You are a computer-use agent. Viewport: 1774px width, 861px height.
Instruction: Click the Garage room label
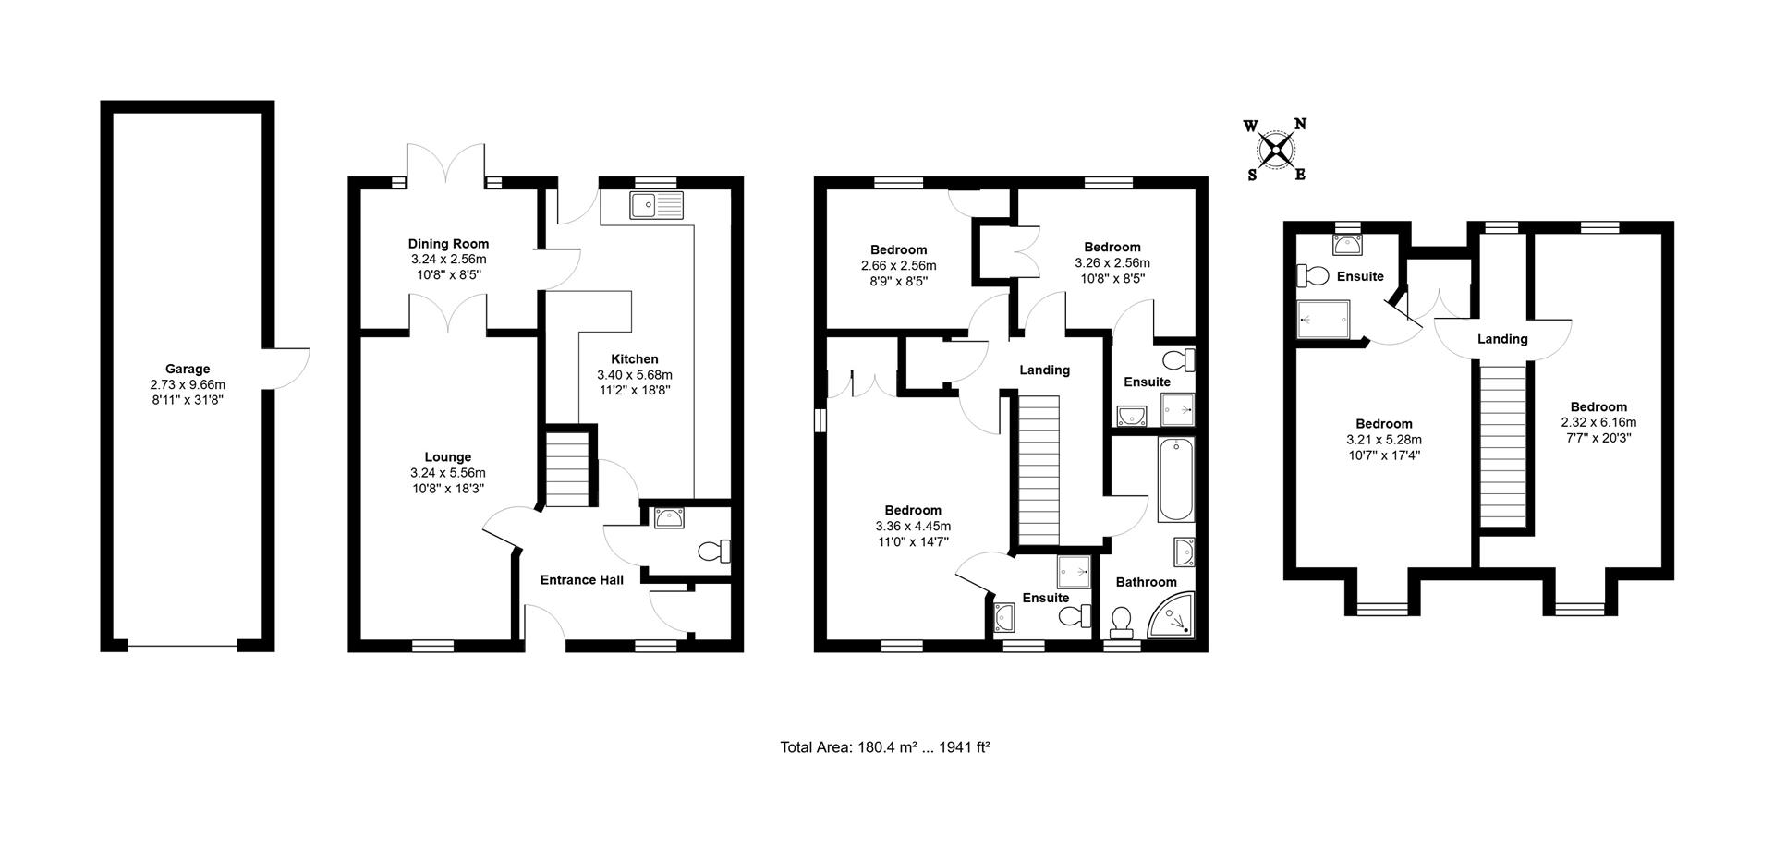(x=188, y=369)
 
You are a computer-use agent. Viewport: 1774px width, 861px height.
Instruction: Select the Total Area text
(x=884, y=747)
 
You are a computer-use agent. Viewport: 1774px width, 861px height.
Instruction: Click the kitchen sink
(x=655, y=205)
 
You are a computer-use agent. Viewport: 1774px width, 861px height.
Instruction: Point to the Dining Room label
(x=448, y=244)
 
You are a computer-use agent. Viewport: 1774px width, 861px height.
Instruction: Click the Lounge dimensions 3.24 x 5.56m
(x=448, y=472)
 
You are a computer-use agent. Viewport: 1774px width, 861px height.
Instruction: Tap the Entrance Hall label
(x=581, y=580)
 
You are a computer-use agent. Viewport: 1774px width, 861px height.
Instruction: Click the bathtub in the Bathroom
(x=1175, y=479)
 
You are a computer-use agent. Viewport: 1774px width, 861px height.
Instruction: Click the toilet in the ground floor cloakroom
(x=713, y=552)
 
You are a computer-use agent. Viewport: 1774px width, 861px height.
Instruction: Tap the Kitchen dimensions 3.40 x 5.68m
(x=635, y=375)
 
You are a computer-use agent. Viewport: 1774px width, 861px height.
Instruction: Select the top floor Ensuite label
(x=1359, y=276)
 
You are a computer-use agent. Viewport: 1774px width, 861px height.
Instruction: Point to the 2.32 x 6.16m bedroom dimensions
(x=1598, y=422)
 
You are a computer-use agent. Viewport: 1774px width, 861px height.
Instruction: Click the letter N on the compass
(x=1299, y=125)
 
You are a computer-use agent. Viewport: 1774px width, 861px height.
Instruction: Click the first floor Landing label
(x=1044, y=370)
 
